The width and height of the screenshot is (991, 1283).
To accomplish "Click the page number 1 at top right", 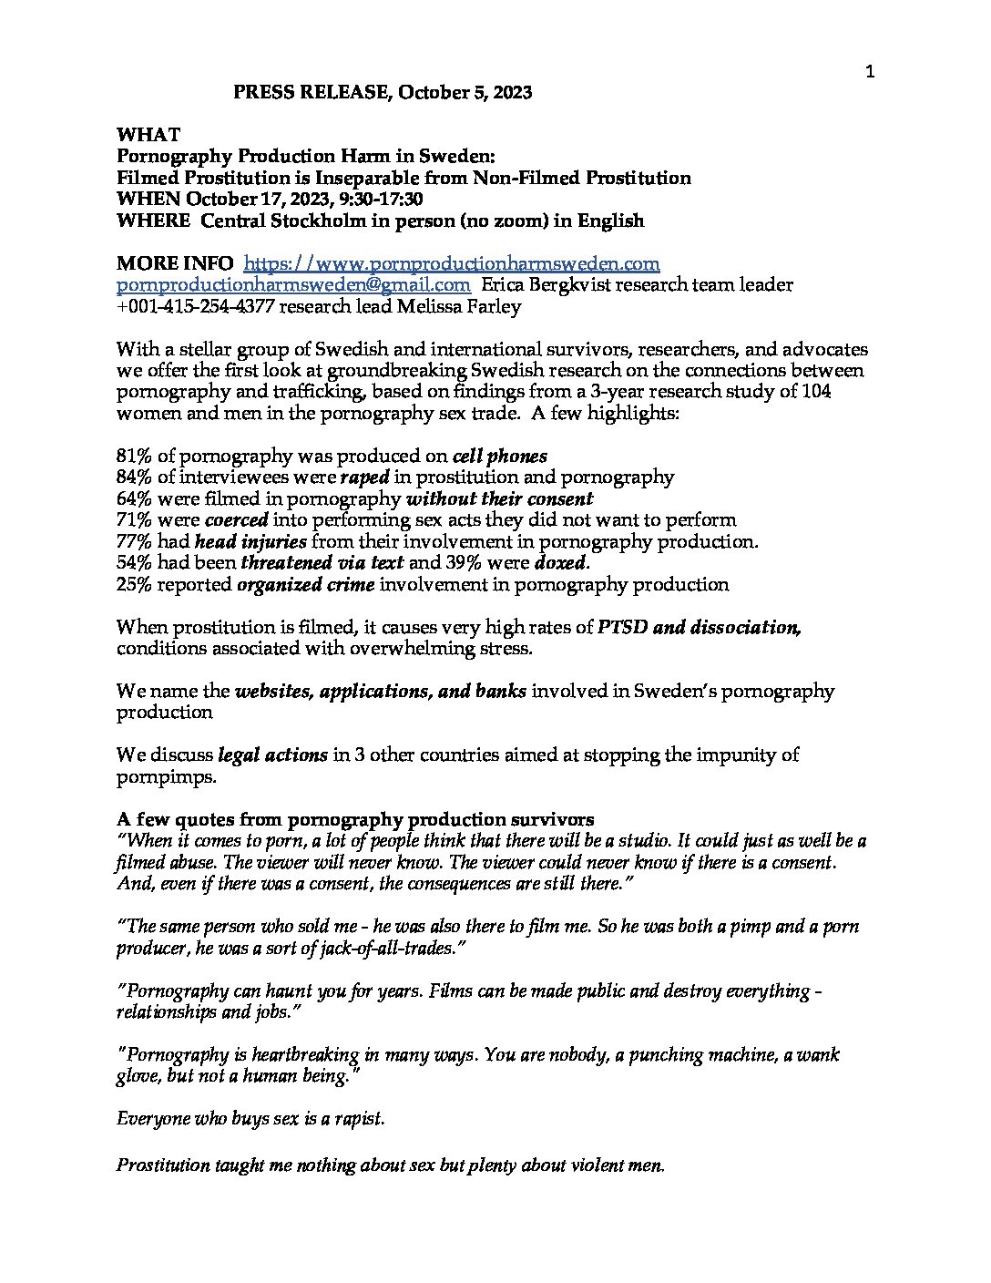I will point(870,73).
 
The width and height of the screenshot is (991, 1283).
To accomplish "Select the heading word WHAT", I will point(148,135).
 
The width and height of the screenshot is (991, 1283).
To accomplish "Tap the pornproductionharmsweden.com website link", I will point(453,264).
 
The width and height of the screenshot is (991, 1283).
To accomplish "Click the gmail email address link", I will point(293,285).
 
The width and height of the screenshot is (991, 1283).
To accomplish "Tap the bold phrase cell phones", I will point(500,456).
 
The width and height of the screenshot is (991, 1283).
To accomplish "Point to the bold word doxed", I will point(559,563).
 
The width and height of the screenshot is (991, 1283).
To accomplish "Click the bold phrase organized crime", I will point(305,585).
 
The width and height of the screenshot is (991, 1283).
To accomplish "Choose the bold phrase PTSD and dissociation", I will point(699,628).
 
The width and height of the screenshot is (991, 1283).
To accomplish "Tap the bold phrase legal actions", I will point(272,755).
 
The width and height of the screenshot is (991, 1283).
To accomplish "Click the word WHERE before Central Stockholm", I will point(154,221).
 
